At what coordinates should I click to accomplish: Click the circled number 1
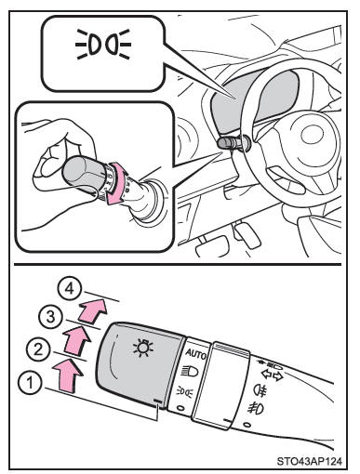click(30, 384)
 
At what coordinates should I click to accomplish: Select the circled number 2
click(38, 350)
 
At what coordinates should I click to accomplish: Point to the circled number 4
click(70, 289)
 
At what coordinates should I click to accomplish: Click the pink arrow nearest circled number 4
click(92, 310)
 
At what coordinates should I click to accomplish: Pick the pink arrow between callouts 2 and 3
click(76, 340)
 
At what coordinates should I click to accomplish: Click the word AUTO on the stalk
click(196, 354)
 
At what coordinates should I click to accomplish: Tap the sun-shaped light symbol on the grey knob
click(142, 348)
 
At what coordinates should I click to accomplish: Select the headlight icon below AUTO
click(190, 371)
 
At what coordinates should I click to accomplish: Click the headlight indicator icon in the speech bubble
click(103, 44)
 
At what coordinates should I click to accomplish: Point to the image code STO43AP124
click(310, 461)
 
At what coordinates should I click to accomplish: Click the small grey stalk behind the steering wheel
click(230, 143)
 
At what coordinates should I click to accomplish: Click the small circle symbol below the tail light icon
click(180, 408)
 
